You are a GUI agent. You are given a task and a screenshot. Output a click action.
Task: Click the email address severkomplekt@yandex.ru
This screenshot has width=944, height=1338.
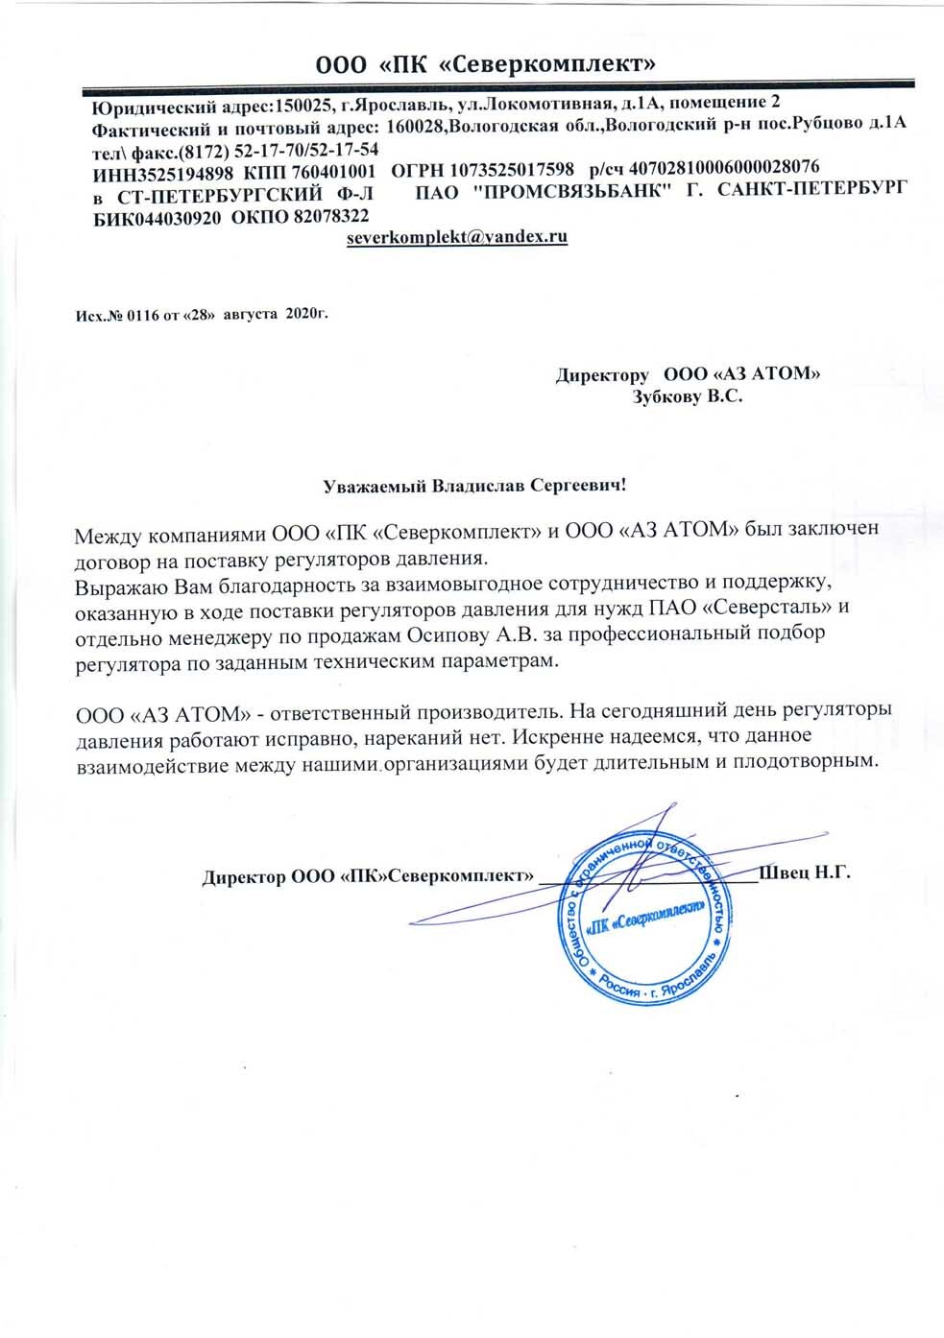click(456, 236)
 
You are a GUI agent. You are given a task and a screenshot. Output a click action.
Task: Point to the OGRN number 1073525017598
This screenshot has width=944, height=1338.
click(511, 169)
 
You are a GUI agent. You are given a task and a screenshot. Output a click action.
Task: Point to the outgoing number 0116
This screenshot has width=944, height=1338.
click(140, 315)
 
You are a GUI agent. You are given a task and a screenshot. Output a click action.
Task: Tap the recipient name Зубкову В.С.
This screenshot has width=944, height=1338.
click(687, 396)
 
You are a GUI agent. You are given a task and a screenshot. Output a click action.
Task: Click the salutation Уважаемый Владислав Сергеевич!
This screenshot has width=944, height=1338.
click(473, 486)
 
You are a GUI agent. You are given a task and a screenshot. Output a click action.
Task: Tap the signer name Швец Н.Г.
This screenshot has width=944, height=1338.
click(805, 872)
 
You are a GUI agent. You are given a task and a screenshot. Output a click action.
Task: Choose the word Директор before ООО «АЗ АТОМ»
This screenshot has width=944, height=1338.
click(602, 374)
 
